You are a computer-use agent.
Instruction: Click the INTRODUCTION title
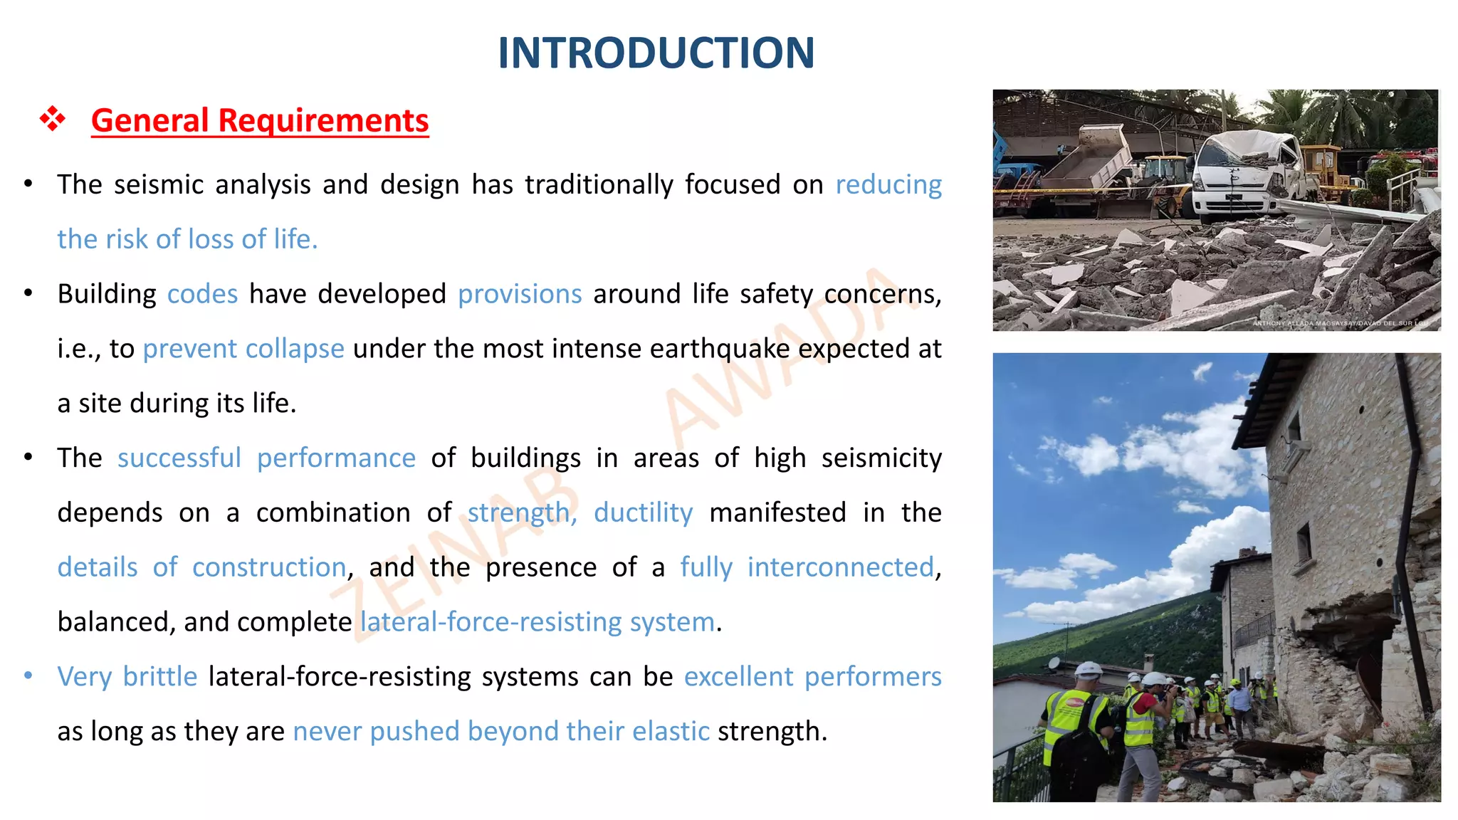(656, 53)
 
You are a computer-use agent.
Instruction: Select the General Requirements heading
(260, 120)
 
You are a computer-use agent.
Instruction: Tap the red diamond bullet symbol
(52, 119)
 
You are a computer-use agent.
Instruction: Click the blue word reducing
(888, 185)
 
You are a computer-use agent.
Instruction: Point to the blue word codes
(202, 294)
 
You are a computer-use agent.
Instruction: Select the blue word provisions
(520, 294)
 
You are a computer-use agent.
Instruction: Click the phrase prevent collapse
(243, 349)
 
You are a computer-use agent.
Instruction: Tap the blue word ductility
(643, 512)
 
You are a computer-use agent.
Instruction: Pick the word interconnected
(840, 567)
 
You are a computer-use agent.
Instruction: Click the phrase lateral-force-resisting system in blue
(537, 622)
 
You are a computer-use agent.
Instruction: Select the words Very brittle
(127, 676)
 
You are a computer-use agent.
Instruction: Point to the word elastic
(671, 731)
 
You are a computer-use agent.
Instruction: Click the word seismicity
(881, 458)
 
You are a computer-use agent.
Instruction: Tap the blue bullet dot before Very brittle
(28, 675)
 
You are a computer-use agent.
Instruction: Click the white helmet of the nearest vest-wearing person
(1088, 671)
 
